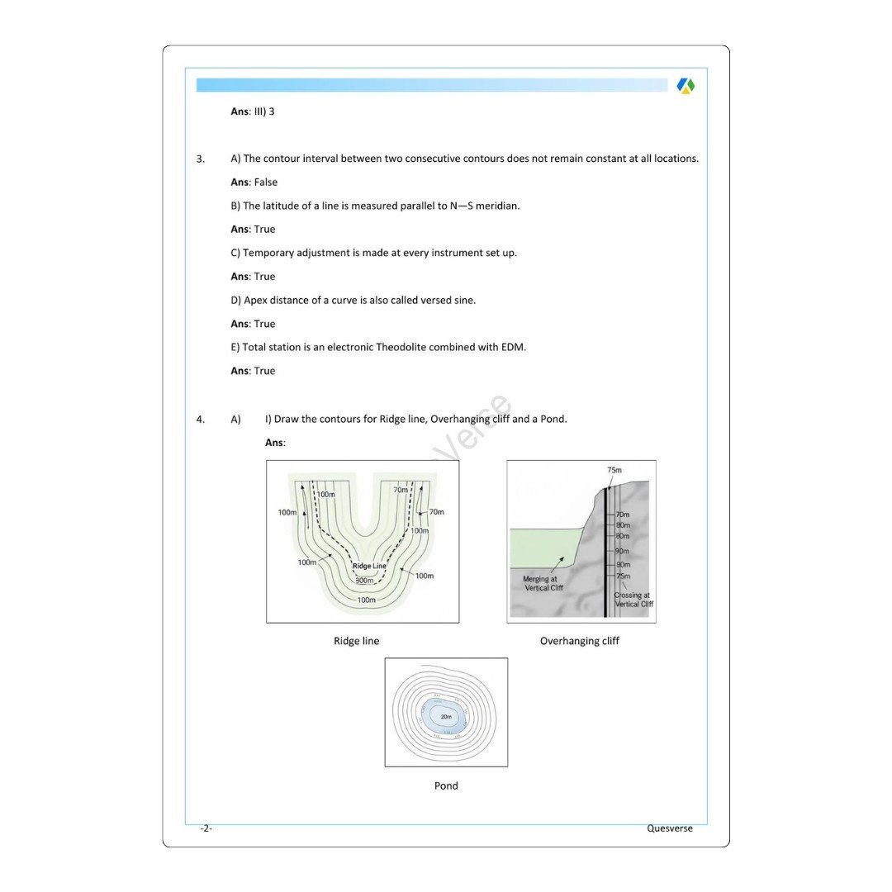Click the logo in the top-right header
[686, 85]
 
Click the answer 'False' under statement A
[265, 182]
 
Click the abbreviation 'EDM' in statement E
[513, 347]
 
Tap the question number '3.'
[201, 159]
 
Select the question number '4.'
[201, 419]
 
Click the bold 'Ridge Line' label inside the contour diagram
[369, 566]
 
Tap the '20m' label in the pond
[446, 716]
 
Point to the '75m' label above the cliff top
[614, 470]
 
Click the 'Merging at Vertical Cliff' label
[543, 583]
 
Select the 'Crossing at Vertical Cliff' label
[633, 599]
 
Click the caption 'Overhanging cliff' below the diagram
[579, 641]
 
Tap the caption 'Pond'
[446, 785]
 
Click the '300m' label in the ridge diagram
[365, 581]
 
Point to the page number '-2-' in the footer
[206, 828]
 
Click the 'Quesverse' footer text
[669, 828]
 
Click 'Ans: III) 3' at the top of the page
[253, 111]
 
